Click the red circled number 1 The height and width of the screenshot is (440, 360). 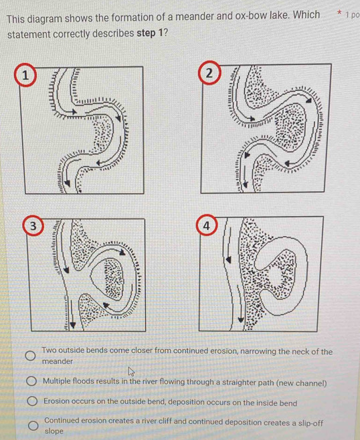25,75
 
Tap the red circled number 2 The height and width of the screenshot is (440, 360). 209,73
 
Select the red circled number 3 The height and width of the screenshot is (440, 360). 33,225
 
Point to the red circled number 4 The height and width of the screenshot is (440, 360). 207,225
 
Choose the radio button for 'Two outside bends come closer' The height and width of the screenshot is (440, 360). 30,356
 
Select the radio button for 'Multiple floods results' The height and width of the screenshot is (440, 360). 31,381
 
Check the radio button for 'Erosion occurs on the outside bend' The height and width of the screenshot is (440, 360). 32,401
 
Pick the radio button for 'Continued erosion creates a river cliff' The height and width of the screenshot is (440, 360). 33,425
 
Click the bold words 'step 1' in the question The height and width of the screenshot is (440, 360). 150,33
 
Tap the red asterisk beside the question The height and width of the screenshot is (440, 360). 339,13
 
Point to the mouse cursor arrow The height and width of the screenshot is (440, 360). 131,372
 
